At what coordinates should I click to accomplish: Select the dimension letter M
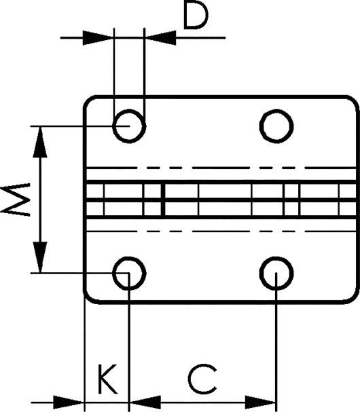pos(15,200)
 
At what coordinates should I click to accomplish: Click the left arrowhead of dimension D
pos(98,38)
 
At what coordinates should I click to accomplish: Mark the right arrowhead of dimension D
pos(160,38)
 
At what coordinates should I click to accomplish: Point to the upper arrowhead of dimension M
pos(40,142)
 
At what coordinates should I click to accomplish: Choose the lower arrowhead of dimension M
pos(40,257)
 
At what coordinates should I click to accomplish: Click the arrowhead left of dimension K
pos(69,402)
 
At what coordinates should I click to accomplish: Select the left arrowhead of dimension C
pos(145,402)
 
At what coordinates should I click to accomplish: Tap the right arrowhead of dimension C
pos(260,402)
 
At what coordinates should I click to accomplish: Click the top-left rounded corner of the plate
pos(88,100)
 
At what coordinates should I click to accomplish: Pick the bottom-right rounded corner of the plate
pos(355,299)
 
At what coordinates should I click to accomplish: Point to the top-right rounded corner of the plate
pos(355,100)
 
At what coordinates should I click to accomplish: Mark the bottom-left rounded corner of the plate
pos(88,299)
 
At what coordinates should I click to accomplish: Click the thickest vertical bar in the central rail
pos(163,200)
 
